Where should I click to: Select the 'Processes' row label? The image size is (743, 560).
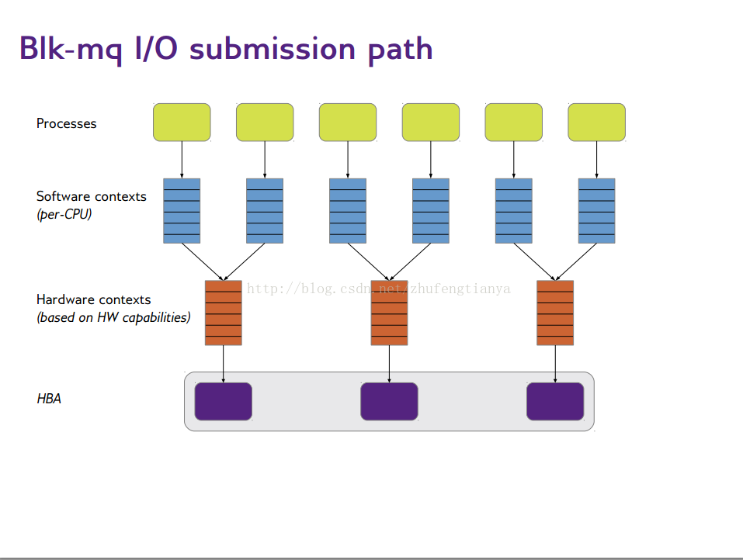click(67, 123)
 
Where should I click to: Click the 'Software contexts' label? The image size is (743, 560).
click(91, 196)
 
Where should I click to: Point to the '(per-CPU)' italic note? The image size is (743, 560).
click(64, 214)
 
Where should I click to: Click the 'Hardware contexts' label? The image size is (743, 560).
click(93, 299)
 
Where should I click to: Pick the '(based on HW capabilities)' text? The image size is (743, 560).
click(113, 317)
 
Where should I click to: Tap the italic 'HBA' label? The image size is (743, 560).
click(49, 399)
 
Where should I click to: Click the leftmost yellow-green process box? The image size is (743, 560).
click(182, 122)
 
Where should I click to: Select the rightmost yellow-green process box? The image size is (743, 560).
click(596, 122)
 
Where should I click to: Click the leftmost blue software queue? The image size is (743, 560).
click(182, 211)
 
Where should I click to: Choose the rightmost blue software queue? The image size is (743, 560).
click(596, 211)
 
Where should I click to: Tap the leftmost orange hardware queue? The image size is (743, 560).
click(224, 313)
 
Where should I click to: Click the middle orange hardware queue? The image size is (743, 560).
click(389, 313)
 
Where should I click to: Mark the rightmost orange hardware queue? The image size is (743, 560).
click(555, 313)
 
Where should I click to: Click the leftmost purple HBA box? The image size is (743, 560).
click(224, 401)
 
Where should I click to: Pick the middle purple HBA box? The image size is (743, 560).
click(389, 401)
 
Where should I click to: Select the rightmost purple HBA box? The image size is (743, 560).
click(555, 401)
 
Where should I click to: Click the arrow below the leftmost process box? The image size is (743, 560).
click(182, 160)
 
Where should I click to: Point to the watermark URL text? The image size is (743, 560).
click(378, 289)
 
